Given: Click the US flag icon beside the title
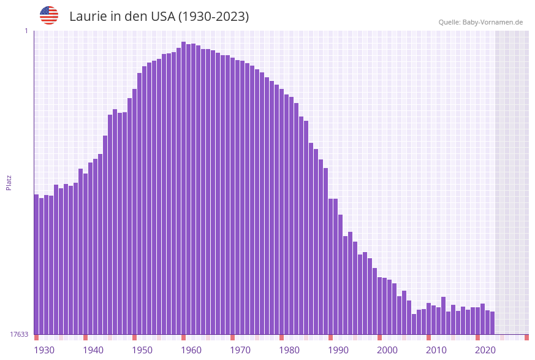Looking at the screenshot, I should pyautogui.click(x=49, y=15).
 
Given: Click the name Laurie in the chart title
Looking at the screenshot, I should pyautogui.click(x=89, y=17).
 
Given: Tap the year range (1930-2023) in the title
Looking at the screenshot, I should pyautogui.click(x=213, y=17).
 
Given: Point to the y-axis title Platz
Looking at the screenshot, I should pyautogui.click(x=9, y=182).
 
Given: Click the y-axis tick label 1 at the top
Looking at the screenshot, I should pyautogui.click(x=26, y=31).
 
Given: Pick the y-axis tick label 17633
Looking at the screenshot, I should pyautogui.click(x=19, y=334).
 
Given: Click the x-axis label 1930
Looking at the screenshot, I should pyautogui.click(x=44, y=350).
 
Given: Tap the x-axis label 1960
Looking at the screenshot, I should pyautogui.click(x=191, y=350).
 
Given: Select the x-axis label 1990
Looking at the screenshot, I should pyautogui.click(x=338, y=350).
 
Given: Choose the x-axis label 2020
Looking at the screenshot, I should pyautogui.click(x=485, y=350).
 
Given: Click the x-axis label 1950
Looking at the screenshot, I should pyautogui.click(x=142, y=350).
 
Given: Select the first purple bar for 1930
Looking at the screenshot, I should pyautogui.click(x=36, y=264).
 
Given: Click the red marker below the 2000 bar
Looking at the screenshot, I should pyautogui.click(x=379, y=337).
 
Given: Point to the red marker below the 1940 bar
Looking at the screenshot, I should pyautogui.click(x=85, y=337).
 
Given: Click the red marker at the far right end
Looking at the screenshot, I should pyautogui.click(x=526, y=337).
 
